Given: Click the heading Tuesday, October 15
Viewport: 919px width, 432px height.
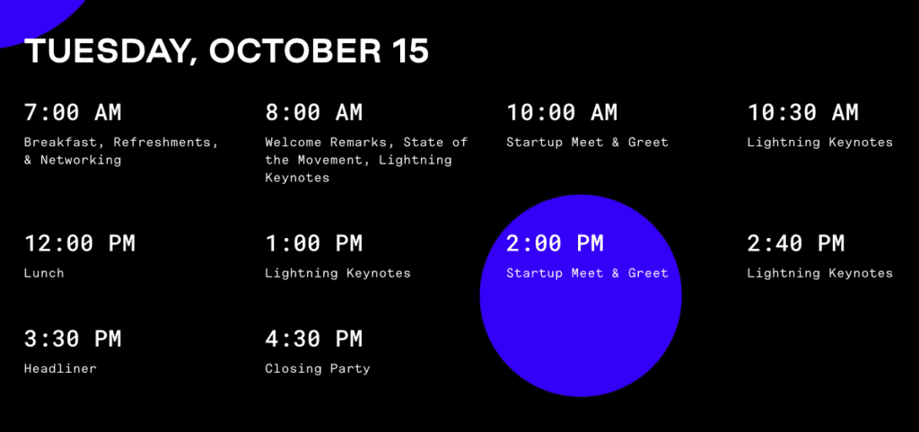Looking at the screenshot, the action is click(x=227, y=51).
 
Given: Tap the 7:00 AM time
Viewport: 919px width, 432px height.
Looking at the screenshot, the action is click(x=73, y=112).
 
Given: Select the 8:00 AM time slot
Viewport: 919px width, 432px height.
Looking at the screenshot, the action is click(x=313, y=112).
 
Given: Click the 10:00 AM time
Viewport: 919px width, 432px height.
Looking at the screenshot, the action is click(x=562, y=112).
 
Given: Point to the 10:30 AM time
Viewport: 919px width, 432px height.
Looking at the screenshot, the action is click(x=802, y=112).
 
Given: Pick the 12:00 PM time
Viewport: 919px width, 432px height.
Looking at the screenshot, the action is click(x=79, y=243).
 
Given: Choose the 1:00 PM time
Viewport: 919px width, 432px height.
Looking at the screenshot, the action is click(x=313, y=243).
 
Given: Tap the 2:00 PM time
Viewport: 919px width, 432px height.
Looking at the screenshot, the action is click(x=555, y=243).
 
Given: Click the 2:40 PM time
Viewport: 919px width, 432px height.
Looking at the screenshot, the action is click(x=795, y=243).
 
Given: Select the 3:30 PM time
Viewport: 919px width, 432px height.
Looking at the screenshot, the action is click(x=73, y=339).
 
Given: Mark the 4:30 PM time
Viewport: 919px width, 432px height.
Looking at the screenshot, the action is click(x=313, y=339).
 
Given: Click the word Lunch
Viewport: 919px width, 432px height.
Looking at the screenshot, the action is click(x=44, y=273).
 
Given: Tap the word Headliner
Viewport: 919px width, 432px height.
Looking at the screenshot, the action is click(x=60, y=369).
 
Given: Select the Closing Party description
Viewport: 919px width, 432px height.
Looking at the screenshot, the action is click(x=318, y=369).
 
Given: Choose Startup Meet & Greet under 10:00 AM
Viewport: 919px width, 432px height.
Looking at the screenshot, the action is click(x=587, y=143).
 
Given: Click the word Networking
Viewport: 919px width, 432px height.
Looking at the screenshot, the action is click(x=80, y=161).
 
